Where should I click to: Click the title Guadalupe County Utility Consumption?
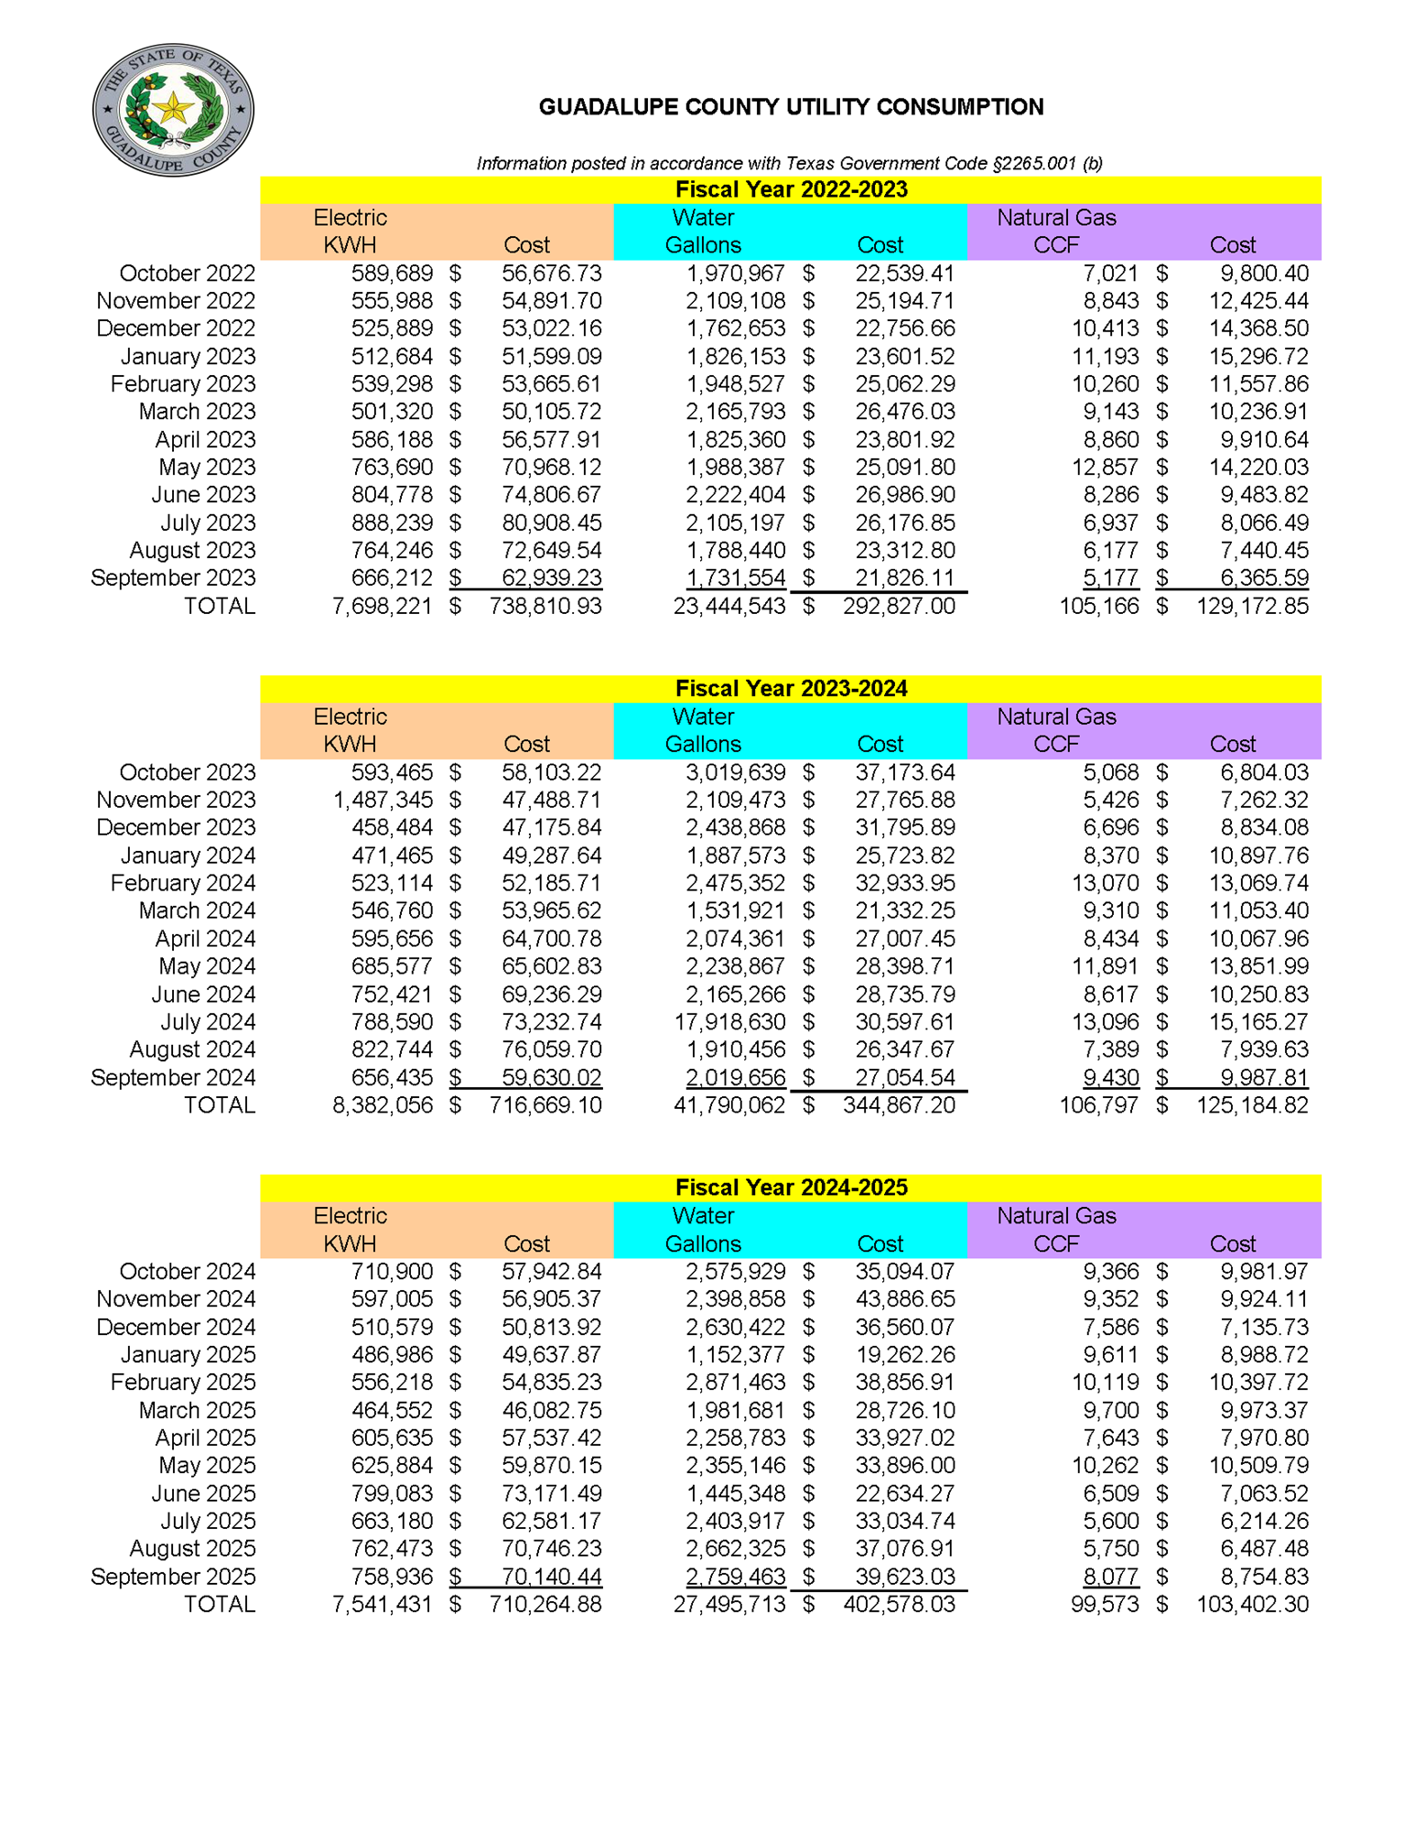[790, 107]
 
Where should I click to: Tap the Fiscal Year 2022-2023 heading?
[790, 189]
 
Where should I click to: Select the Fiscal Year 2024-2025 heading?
[790, 1187]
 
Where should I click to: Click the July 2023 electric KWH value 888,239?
[392, 522]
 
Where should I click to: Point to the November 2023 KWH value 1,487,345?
[383, 800]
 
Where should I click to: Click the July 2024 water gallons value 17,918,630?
[729, 1021]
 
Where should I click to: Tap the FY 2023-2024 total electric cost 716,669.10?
[545, 1104]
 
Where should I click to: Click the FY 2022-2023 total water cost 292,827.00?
[898, 606]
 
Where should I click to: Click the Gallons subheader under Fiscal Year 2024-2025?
[702, 1243]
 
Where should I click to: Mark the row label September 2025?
[173, 1576]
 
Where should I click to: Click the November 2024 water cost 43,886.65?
[904, 1298]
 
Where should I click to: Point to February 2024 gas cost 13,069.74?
[1257, 883]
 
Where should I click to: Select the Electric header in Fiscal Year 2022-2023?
[350, 218]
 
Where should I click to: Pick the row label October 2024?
[187, 1271]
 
